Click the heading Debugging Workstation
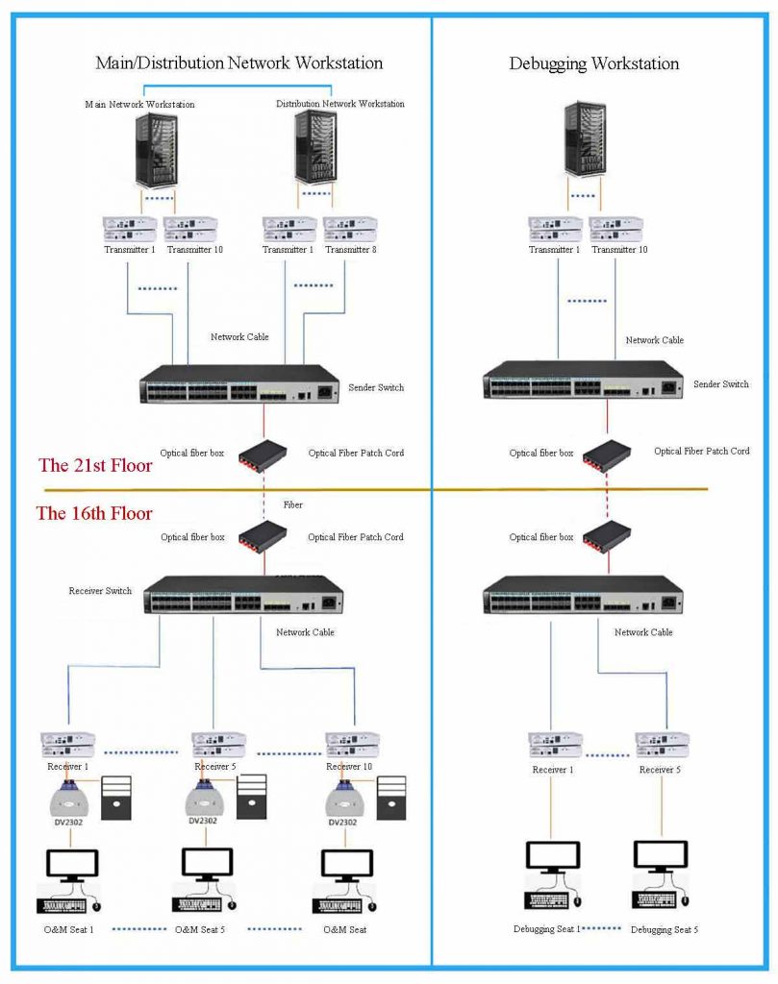pyautogui.click(x=593, y=64)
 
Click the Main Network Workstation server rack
pyautogui.click(x=152, y=150)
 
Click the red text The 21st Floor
pyautogui.click(x=95, y=466)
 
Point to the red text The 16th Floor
pyautogui.click(x=94, y=513)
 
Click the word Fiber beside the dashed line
pyautogui.click(x=292, y=504)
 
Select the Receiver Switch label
pyautogui.click(x=100, y=591)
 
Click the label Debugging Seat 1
pyautogui.click(x=545, y=929)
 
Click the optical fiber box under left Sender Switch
pyautogui.click(x=266, y=453)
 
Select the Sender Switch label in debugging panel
pyautogui.click(x=721, y=384)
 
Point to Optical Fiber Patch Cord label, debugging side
pyautogui.click(x=702, y=451)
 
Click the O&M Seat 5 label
pyautogui.click(x=200, y=930)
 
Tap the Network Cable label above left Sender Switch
pyautogui.click(x=239, y=337)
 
